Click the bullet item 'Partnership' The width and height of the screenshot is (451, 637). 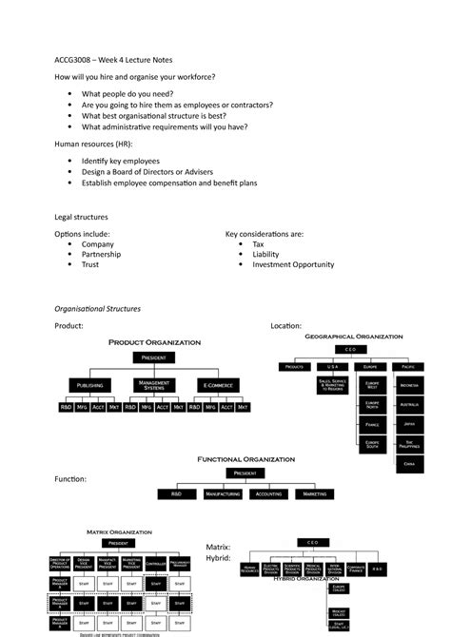(x=101, y=254)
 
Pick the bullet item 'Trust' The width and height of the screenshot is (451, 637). (x=91, y=264)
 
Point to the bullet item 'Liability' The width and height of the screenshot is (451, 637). (x=265, y=254)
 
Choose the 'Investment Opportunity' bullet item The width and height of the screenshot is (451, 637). (x=293, y=264)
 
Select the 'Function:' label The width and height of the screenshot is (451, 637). (x=70, y=479)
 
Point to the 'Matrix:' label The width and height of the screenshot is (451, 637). (x=218, y=547)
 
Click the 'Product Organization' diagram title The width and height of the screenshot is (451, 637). (x=154, y=341)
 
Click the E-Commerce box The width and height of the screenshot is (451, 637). (x=216, y=385)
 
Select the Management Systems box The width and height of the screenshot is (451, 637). (x=154, y=385)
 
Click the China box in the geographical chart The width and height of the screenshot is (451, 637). (x=409, y=463)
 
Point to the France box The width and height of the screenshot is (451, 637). (x=372, y=424)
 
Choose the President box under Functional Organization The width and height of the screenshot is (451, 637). (x=246, y=473)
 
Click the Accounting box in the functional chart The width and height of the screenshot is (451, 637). (x=269, y=494)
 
